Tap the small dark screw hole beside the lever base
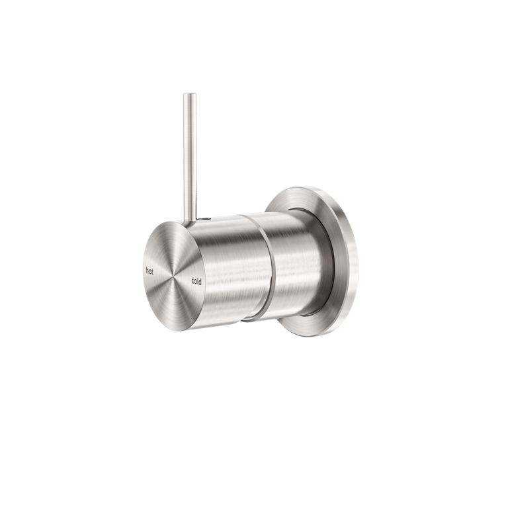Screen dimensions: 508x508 tap(210, 218)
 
